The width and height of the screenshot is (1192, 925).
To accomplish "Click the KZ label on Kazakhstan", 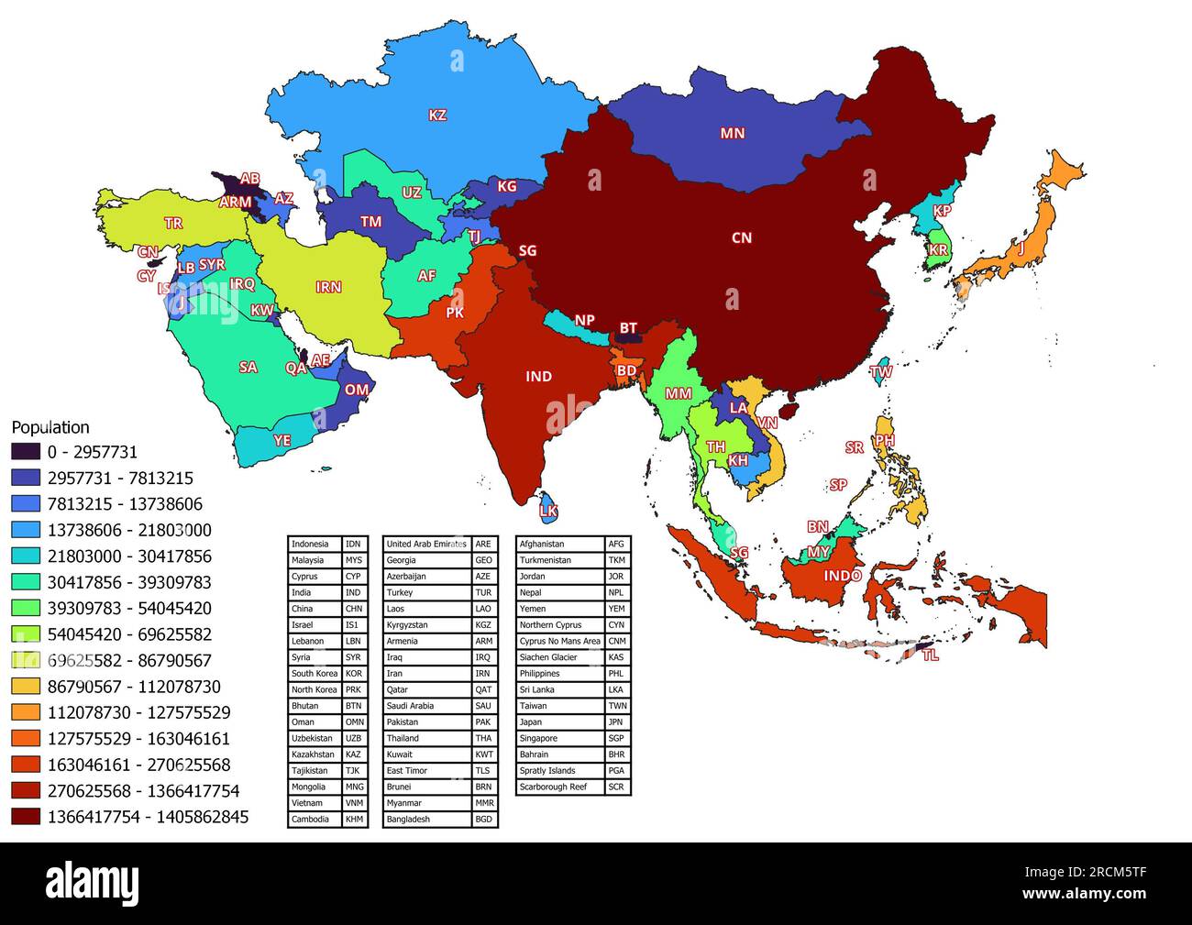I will tap(437, 116).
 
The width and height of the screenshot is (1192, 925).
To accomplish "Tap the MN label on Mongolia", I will tap(732, 134).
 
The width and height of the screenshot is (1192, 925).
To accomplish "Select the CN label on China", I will tap(741, 238).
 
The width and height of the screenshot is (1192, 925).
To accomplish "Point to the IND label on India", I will tap(538, 377).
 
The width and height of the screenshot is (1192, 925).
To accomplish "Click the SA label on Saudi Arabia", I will tap(248, 368).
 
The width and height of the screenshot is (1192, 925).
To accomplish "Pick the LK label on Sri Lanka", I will tap(548, 511).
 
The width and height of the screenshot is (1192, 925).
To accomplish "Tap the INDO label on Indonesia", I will tap(842, 576).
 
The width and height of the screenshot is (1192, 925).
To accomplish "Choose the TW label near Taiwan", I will tap(880, 372).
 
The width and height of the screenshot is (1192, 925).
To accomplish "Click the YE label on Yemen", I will tap(281, 441).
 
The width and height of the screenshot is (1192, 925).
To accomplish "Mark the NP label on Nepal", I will tap(584, 321).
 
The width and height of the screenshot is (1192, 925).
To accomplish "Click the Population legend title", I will tap(50, 427).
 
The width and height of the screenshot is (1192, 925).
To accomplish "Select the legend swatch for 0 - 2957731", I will tap(26, 452).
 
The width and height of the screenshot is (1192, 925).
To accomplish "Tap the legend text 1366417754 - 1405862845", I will tap(148, 817).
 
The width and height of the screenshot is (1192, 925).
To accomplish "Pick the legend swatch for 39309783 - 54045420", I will tap(26, 608).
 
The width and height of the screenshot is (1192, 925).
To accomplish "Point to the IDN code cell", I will tap(353, 545).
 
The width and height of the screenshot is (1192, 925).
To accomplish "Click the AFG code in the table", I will tap(617, 545).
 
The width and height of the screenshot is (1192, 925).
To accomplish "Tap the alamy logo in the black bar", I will tap(93, 884).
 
